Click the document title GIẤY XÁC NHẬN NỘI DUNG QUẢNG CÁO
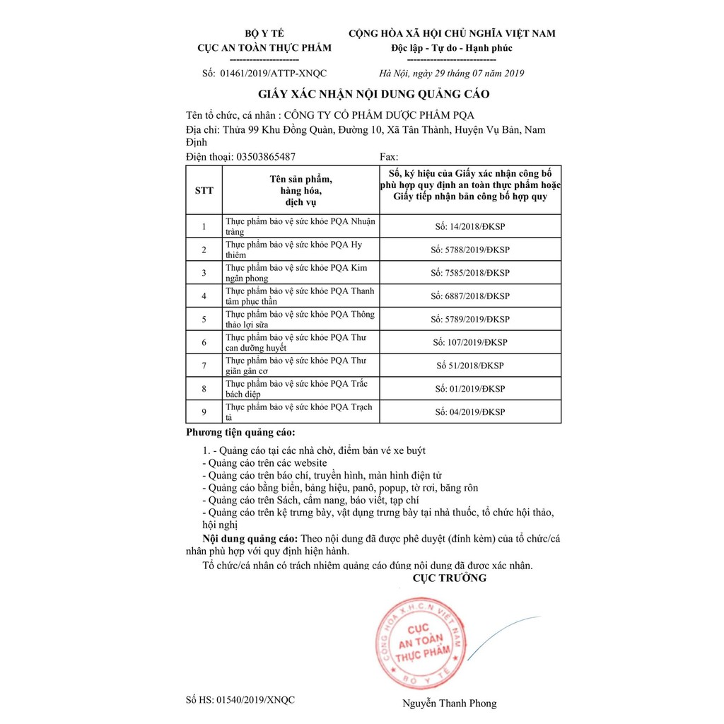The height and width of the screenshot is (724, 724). (373, 94)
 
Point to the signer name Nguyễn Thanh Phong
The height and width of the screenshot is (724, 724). (450, 703)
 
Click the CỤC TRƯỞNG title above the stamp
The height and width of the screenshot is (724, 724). (450, 578)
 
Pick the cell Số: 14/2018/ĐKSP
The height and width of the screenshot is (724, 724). (470, 226)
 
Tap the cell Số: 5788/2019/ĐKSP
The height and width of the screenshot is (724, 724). (470, 250)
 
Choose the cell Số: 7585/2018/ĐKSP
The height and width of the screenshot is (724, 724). (470, 273)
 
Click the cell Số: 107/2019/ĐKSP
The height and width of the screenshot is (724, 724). (470, 342)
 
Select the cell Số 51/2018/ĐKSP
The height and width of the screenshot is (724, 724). (470, 366)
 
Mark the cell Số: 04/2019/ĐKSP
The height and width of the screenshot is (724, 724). (470, 412)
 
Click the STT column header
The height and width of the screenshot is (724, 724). (204, 190)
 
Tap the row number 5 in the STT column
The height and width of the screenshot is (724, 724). (204, 319)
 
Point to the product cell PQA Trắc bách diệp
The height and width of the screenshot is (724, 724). (301, 388)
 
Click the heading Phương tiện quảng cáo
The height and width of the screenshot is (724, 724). (241, 432)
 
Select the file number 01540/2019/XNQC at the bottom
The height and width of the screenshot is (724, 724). (240, 700)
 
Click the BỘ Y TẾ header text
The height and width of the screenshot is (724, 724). (262, 33)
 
